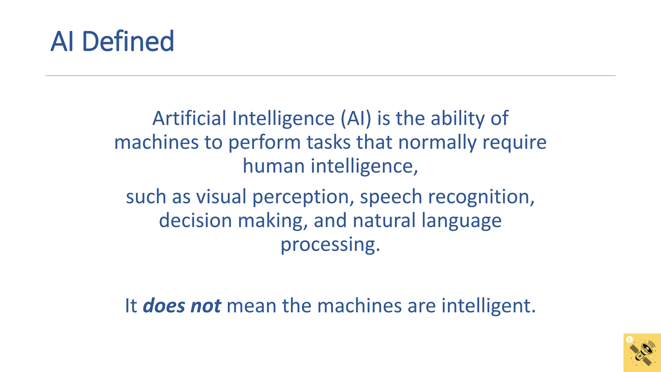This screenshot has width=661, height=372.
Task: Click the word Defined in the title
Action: pyautogui.click(x=128, y=41)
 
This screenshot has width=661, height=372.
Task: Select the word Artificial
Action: pyautogui.click(x=189, y=118)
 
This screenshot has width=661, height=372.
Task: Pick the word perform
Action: pyautogui.click(x=264, y=142)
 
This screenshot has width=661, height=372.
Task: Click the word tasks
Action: pyautogui.click(x=328, y=142)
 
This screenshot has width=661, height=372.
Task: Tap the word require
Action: pyautogui.click(x=514, y=142)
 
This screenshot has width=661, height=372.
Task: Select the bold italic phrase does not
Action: pyautogui.click(x=182, y=305)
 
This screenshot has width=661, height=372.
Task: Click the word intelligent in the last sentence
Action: pyautogui.click(x=488, y=305)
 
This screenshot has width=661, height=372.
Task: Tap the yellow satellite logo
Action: pyautogui.click(x=642, y=353)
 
